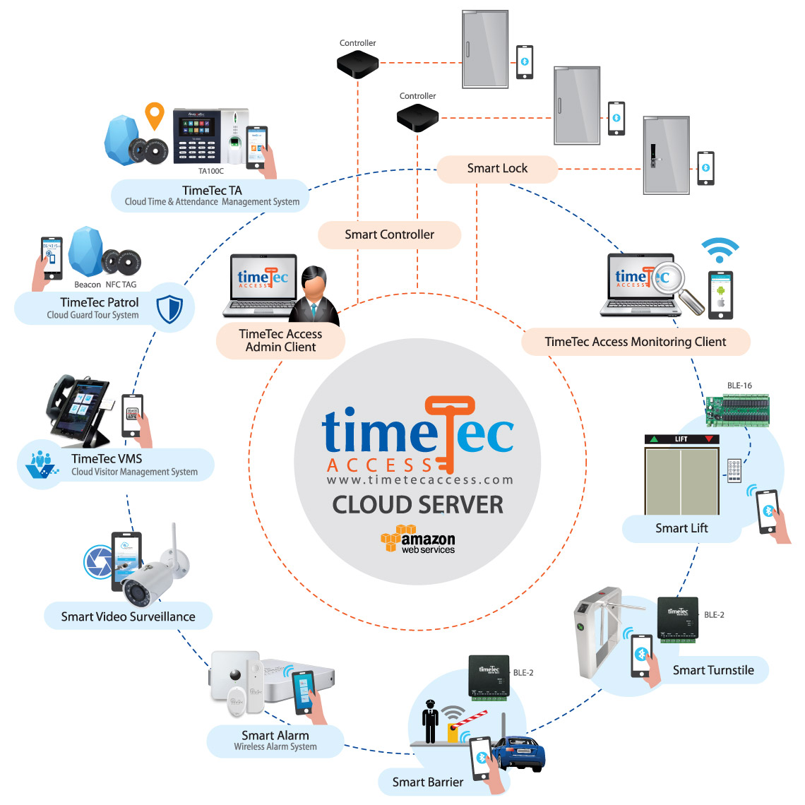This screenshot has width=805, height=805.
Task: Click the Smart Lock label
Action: [x=497, y=168]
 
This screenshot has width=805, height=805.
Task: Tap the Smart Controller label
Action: [x=389, y=234]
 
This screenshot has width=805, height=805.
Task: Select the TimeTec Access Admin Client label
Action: [x=280, y=340]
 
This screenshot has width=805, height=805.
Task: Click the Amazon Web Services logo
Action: [x=418, y=540]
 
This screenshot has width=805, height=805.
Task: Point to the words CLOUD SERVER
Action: [x=418, y=505]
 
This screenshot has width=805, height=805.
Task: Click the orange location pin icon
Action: [x=154, y=115]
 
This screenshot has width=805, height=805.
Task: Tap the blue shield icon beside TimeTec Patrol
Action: [x=169, y=309]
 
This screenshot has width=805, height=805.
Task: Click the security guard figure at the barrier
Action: [x=430, y=721]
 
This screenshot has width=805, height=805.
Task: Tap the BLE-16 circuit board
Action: [x=738, y=408]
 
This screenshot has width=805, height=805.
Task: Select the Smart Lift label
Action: [x=681, y=528]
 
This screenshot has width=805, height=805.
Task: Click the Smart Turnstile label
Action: [x=713, y=670]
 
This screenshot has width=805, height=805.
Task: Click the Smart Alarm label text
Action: [x=275, y=735]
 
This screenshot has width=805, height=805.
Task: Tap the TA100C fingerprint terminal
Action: [x=210, y=137]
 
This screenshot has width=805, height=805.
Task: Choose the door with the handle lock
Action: [x=665, y=155]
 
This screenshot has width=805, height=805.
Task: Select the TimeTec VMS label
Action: [x=107, y=459]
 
